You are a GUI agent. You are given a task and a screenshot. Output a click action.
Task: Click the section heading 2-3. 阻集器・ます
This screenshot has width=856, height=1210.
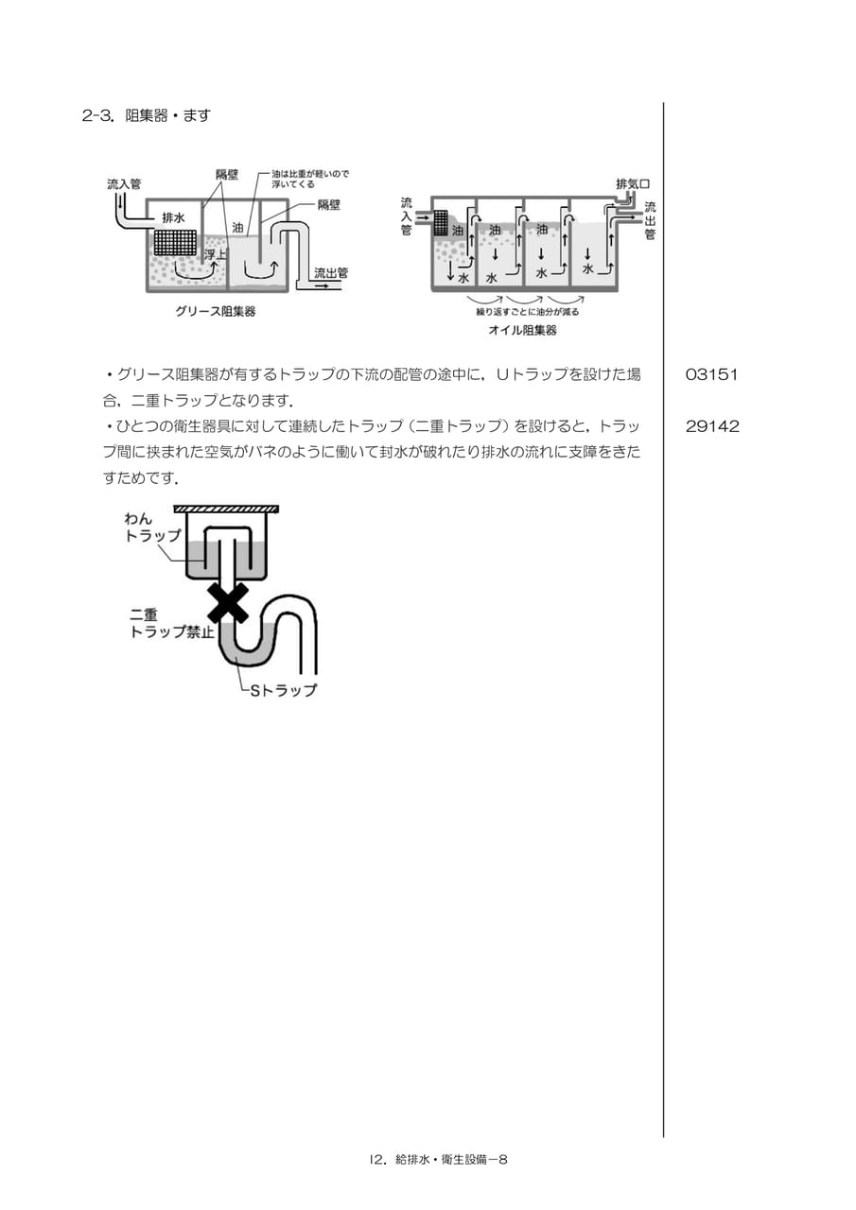(x=146, y=115)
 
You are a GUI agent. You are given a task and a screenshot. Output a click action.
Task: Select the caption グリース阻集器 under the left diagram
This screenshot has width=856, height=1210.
(x=215, y=312)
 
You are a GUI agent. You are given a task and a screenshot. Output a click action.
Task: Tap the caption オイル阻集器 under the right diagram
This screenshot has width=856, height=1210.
(x=522, y=330)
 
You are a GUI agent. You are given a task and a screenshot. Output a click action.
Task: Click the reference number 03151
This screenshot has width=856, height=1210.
(x=711, y=374)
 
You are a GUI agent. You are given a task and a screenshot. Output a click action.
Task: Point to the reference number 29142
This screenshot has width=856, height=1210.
(x=711, y=426)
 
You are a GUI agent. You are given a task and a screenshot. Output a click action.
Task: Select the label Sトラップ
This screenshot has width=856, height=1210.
(x=283, y=690)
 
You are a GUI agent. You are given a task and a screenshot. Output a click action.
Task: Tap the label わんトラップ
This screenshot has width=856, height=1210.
(x=152, y=527)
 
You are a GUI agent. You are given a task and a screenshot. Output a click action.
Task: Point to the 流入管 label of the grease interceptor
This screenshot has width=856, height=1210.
(x=124, y=184)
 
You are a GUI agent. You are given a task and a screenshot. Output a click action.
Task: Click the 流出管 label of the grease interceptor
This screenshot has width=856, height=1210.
(x=331, y=273)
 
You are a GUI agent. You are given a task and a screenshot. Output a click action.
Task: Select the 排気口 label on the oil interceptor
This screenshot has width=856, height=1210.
(x=633, y=183)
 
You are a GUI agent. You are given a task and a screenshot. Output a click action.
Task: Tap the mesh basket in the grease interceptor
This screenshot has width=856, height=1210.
(x=175, y=243)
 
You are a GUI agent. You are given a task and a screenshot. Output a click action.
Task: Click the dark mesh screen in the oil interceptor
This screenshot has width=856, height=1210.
(x=442, y=222)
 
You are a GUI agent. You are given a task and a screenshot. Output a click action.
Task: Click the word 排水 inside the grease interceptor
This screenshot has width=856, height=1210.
(x=173, y=217)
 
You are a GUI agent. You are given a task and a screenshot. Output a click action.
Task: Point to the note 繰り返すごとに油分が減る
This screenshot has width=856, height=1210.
(x=527, y=312)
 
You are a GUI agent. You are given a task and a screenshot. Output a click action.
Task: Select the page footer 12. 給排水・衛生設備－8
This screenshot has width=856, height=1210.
(x=438, y=1159)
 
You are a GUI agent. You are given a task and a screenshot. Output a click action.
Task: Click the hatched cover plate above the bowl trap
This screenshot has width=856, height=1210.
(x=226, y=509)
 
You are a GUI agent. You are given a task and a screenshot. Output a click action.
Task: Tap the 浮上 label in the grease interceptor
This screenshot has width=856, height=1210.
(x=216, y=254)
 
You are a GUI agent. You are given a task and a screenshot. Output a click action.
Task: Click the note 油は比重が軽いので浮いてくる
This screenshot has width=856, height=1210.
(x=310, y=179)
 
